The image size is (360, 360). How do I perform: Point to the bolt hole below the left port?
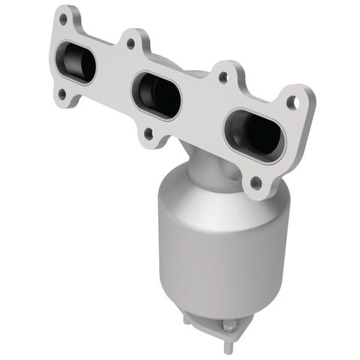pyautogui.click(x=60, y=94)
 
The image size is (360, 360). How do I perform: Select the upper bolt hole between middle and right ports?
pyautogui.click(x=222, y=76)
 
